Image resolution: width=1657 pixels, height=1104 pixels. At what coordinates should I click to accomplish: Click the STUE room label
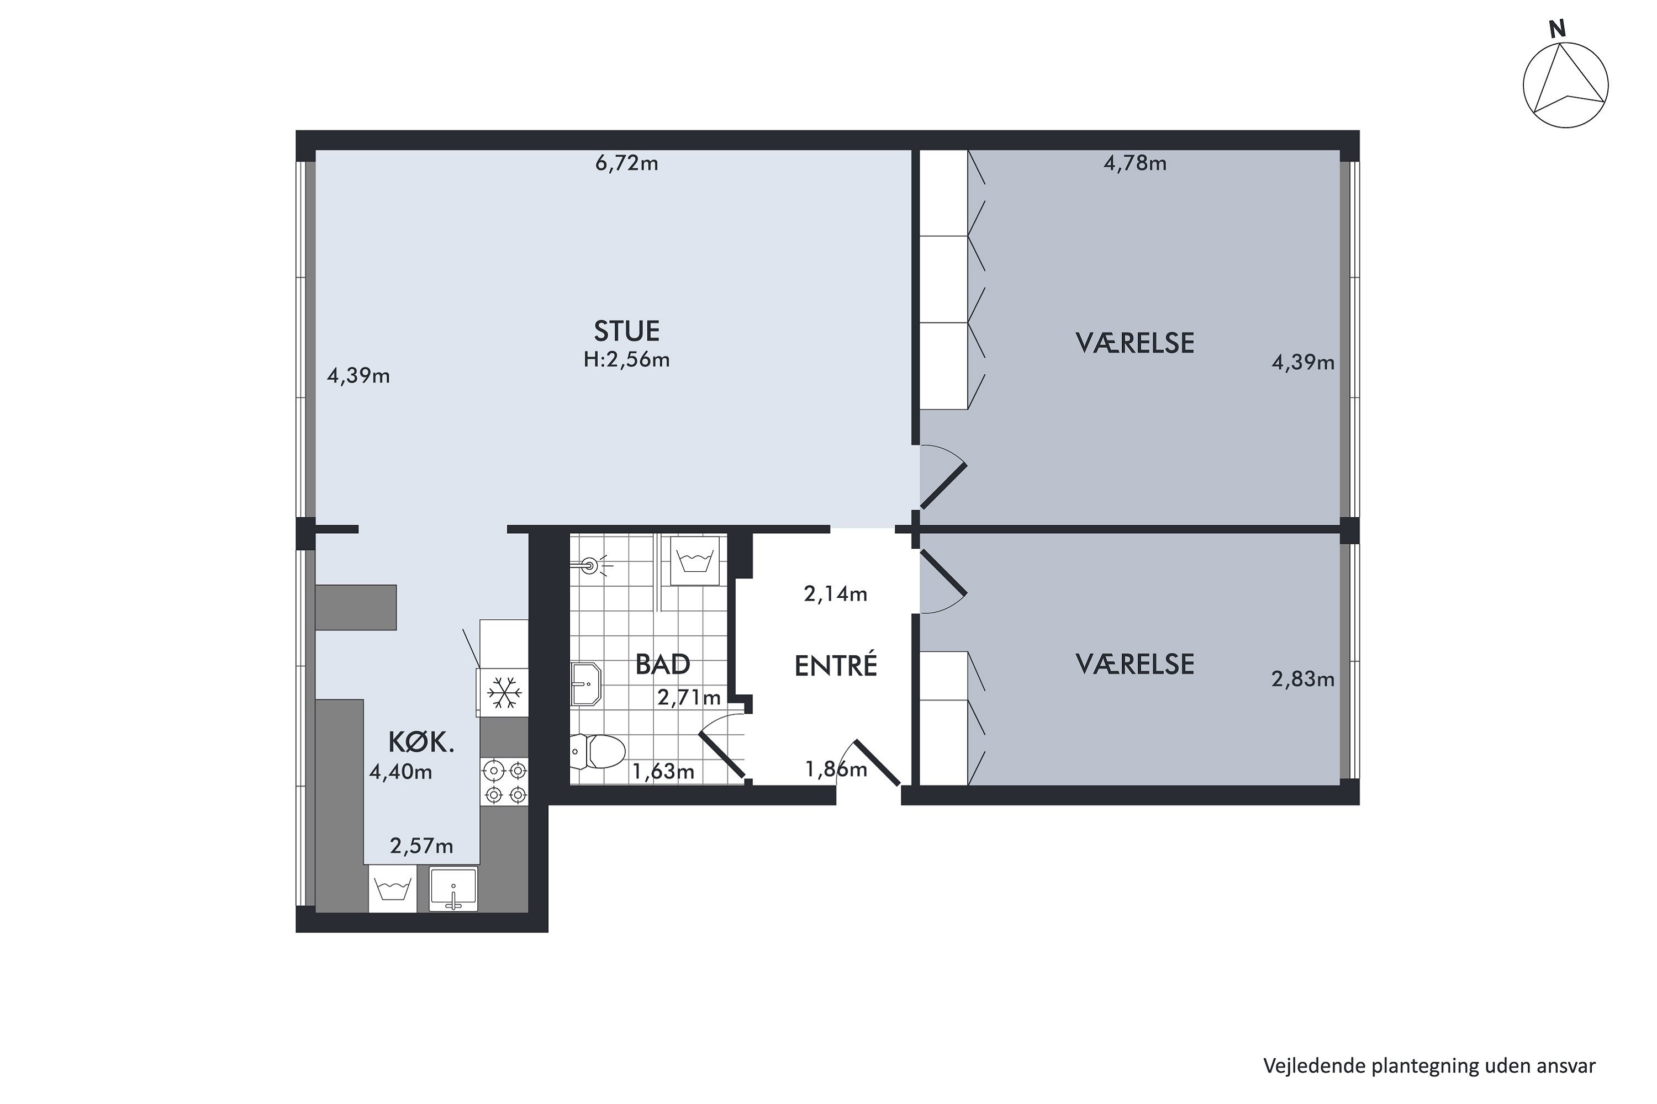click(x=626, y=330)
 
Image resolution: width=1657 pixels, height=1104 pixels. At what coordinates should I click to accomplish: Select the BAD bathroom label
click(x=662, y=664)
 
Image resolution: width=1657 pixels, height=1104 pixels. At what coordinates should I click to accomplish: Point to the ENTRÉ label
click(x=836, y=665)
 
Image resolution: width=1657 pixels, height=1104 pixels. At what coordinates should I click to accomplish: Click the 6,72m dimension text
click(x=626, y=163)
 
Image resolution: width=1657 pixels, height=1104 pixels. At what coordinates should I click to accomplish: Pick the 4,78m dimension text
click(x=1135, y=163)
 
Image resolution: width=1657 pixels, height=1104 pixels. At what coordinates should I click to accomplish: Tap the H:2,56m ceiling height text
click(x=626, y=360)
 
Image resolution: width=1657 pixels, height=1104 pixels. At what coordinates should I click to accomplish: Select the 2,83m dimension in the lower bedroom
click(x=1302, y=679)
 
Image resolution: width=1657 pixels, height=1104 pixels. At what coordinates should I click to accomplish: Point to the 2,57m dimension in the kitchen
click(x=421, y=846)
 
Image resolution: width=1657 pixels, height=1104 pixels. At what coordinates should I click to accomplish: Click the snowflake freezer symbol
click(x=504, y=692)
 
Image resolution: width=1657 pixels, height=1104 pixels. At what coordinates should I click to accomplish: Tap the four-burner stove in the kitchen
click(x=504, y=782)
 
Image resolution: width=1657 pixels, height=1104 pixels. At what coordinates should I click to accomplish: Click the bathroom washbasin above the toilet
click(x=585, y=684)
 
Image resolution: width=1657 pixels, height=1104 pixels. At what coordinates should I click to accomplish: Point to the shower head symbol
click(x=590, y=564)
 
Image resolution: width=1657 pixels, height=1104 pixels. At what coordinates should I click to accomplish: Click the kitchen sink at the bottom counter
click(x=453, y=890)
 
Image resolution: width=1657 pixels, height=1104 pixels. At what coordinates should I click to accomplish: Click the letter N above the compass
click(x=1557, y=29)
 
